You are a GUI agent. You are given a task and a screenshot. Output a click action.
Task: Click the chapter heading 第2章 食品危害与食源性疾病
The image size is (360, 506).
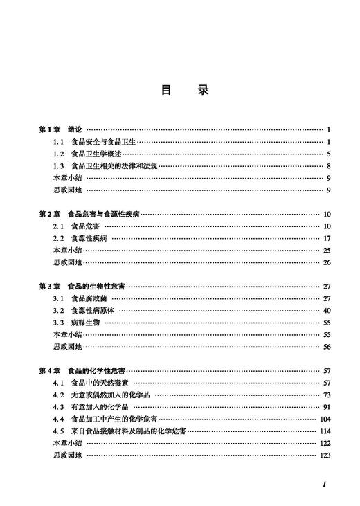(89, 215)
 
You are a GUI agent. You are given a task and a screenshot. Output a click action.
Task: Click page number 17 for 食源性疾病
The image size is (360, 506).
(326, 238)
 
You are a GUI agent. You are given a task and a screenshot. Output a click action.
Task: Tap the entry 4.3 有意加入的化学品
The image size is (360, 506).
(91, 407)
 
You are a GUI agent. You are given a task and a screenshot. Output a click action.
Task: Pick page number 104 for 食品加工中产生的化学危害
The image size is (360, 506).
(324, 419)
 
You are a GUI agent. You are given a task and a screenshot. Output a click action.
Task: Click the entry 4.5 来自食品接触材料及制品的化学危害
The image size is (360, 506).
(118, 431)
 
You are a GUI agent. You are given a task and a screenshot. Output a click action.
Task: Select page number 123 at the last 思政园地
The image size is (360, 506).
(324, 455)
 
